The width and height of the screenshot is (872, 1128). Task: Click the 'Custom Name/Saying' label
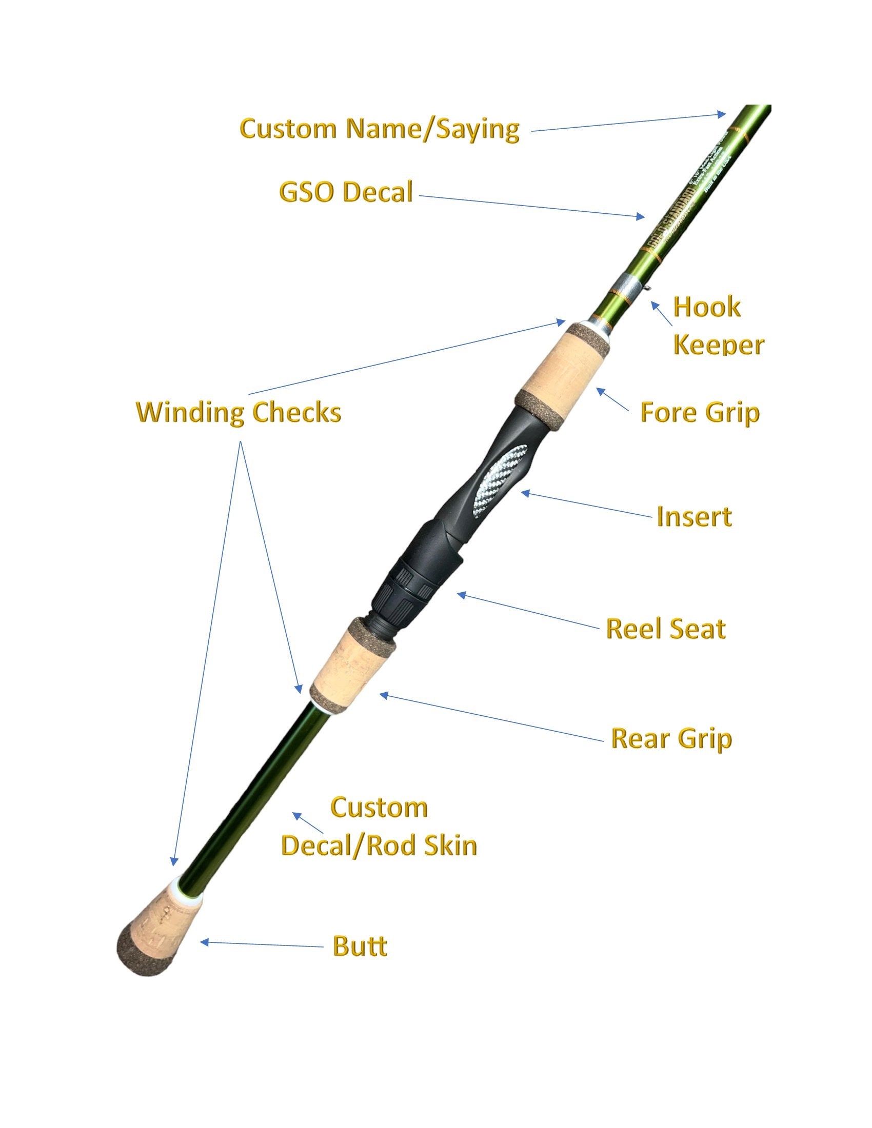pos(379,129)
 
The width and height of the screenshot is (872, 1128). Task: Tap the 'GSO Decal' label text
pos(346,192)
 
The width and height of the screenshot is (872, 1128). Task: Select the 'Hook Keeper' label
pos(718,326)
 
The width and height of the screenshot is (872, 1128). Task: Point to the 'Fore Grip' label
pos(700,412)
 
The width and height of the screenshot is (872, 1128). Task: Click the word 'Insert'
pos(694,516)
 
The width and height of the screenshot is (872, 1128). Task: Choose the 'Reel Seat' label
pos(665,629)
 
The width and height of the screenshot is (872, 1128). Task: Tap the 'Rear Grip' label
pos(671,738)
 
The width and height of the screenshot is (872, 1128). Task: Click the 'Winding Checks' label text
pos(238,412)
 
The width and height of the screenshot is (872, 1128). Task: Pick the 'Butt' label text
pos(360,946)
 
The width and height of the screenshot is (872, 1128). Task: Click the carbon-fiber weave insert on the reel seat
pos(499,479)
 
